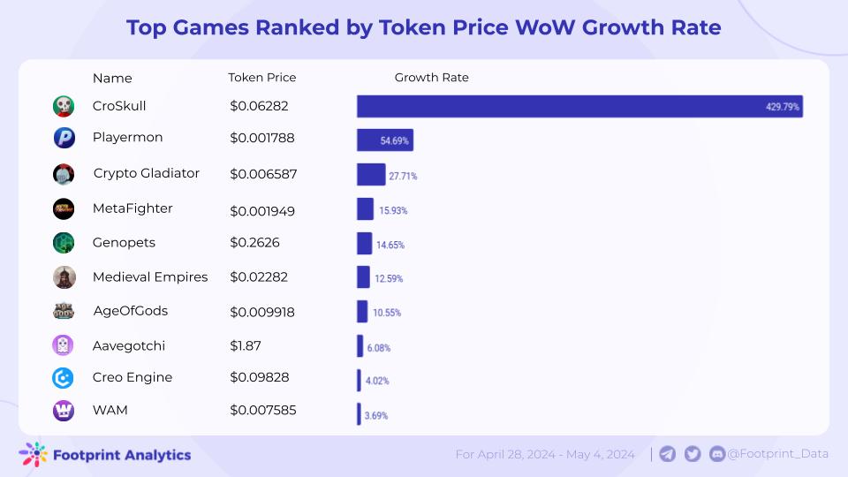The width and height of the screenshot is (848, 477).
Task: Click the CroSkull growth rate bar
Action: (579, 106)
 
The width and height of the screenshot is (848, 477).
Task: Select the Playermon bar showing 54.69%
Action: (385, 140)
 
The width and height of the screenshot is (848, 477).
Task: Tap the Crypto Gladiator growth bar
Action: (371, 174)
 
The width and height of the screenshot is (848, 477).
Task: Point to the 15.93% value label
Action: (393, 210)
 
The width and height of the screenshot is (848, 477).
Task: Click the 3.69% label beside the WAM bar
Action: (376, 415)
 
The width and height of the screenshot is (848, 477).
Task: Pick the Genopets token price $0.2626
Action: (254, 242)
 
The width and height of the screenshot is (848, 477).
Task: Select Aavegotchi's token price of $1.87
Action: (246, 345)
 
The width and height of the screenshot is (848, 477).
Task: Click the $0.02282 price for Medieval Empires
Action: (258, 277)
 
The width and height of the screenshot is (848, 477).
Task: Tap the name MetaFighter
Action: (132, 208)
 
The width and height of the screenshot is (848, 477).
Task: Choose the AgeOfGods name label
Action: (130, 311)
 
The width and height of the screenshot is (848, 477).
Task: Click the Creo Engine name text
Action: (132, 377)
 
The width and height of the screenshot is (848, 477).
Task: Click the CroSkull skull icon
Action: (64, 106)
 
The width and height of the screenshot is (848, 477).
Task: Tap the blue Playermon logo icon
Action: (64, 138)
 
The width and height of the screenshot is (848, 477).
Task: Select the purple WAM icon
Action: (64, 410)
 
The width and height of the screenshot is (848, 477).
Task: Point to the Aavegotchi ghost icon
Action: (64, 345)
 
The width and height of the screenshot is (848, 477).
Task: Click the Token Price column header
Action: (262, 78)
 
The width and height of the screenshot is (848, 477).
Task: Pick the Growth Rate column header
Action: (431, 78)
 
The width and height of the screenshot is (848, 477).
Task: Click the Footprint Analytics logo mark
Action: (34, 454)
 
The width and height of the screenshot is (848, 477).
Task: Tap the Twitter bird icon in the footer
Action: (693, 454)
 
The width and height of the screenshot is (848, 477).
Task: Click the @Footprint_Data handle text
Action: (777, 454)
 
